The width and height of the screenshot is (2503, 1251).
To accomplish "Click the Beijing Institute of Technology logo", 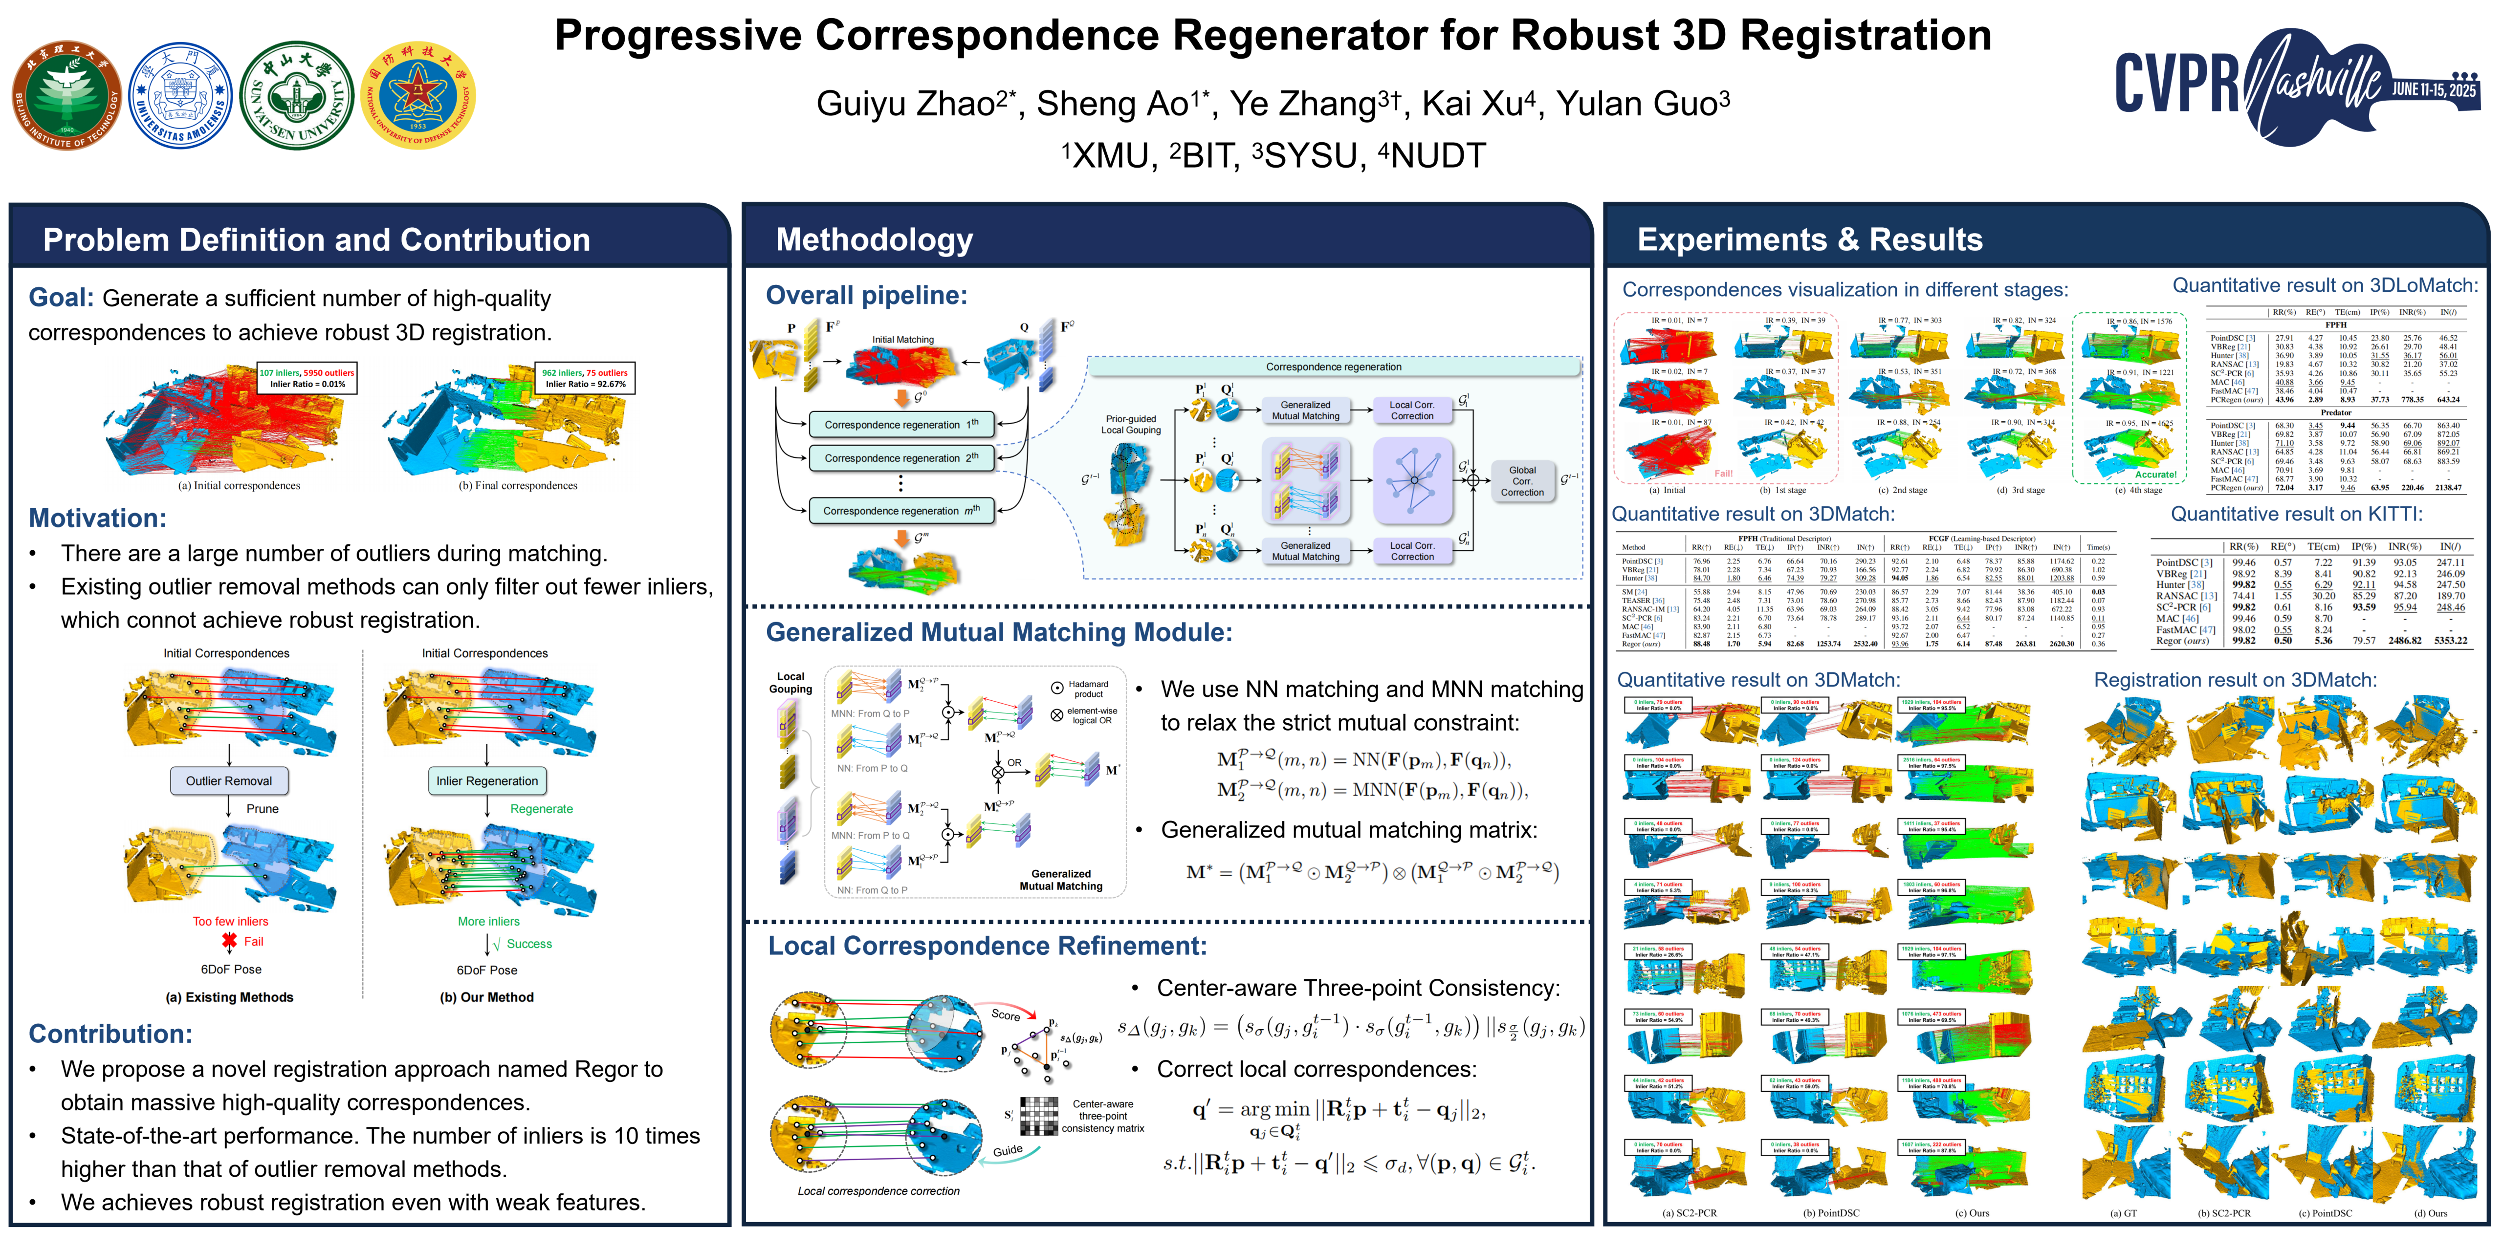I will coord(66,95).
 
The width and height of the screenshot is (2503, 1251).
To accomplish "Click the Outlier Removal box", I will coord(229,781).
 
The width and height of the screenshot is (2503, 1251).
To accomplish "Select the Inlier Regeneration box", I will coord(487,781).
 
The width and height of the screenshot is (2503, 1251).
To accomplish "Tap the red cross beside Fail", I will coord(229,940).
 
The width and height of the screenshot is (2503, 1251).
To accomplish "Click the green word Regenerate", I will coord(541,809).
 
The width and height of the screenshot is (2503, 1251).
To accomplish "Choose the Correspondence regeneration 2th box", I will coord(900,457).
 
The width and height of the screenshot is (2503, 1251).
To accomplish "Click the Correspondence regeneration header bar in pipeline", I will coord(1333,367).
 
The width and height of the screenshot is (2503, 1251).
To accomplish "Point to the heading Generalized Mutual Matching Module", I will coord(999,632).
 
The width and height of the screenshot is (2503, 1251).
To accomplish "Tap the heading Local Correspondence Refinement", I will coord(987,946).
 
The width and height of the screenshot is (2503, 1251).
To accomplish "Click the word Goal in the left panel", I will coord(60,298).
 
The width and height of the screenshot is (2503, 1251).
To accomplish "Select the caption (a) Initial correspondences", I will coord(239,486).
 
